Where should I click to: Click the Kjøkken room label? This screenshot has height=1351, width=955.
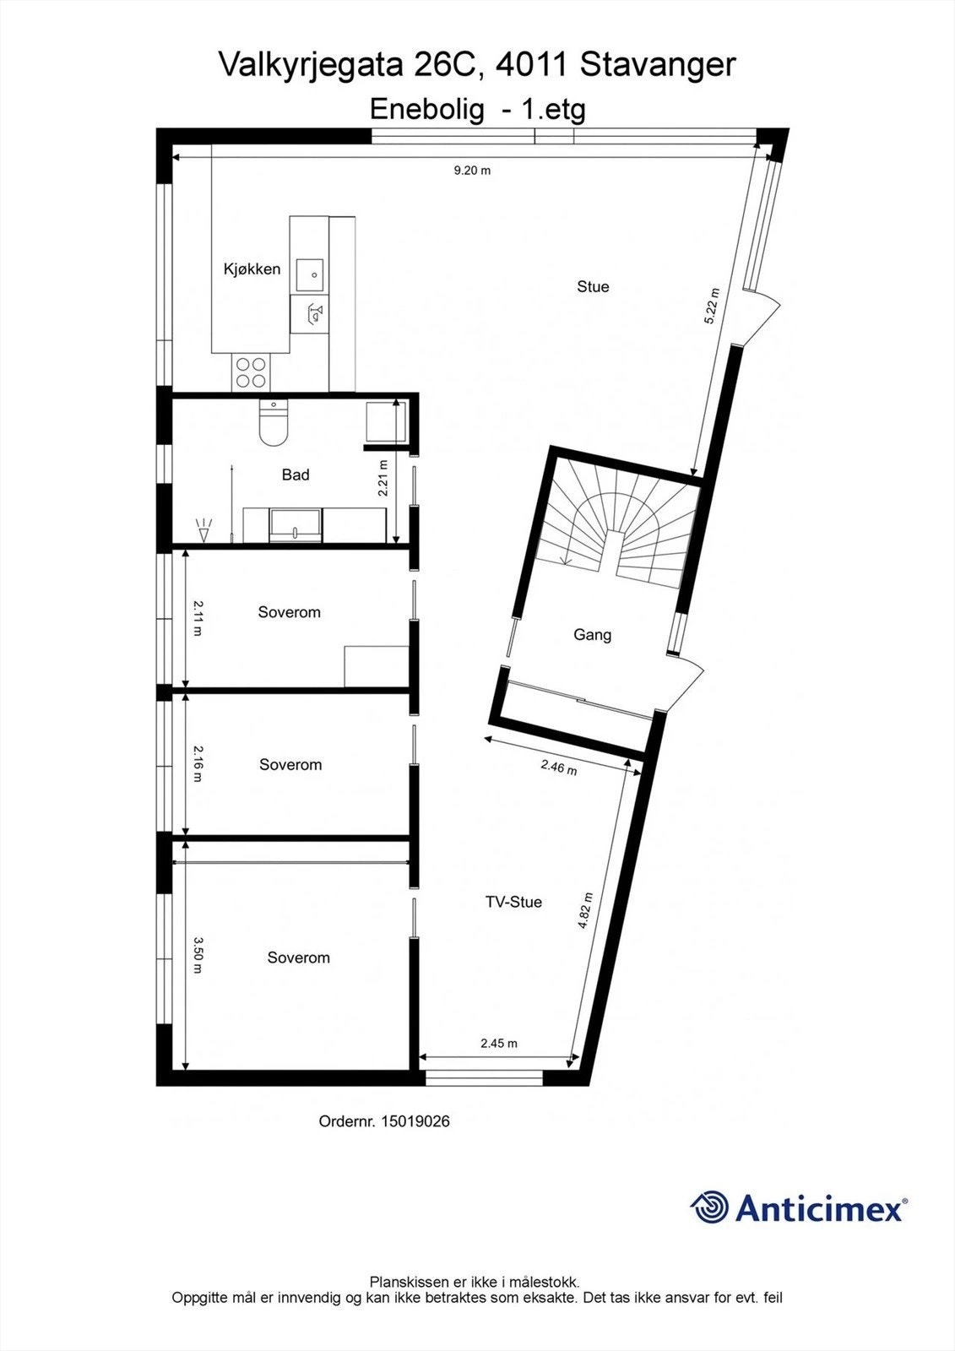pyautogui.click(x=252, y=269)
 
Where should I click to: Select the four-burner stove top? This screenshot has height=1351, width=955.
pyautogui.click(x=251, y=372)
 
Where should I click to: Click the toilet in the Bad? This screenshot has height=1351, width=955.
pyautogui.click(x=273, y=424)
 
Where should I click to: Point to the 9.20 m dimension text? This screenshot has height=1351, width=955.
pyautogui.click(x=472, y=171)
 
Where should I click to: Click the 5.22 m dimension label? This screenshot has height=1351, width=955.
pyautogui.click(x=713, y=307)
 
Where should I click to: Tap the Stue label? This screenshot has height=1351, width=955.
pyautogui.click(x=593, y=287)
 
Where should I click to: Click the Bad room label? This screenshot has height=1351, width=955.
pyautogui.click(x=296, y=475)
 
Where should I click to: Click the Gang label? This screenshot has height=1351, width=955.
pyautogui.click(x=592, y=635)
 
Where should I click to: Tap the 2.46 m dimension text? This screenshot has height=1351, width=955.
pyautogui.click(x=559, y=767)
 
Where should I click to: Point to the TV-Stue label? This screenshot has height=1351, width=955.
pyautogui.click(x=513, y=902)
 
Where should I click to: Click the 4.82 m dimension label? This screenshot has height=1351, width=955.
pyautogui.click(x=585, y=911)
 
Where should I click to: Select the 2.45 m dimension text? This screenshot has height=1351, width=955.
pyautogui.click(x=499, y=1044)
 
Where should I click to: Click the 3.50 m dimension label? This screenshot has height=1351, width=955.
pyautogui.click(x=197, y=955)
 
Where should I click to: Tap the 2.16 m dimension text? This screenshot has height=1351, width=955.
pyautogui.click(x=197, y=763)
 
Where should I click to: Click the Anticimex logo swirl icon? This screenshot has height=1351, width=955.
pyautogui.click(x=710, y=1207)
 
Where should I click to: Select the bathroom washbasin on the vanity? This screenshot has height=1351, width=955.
pyautogui.click(x=295, y=526)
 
